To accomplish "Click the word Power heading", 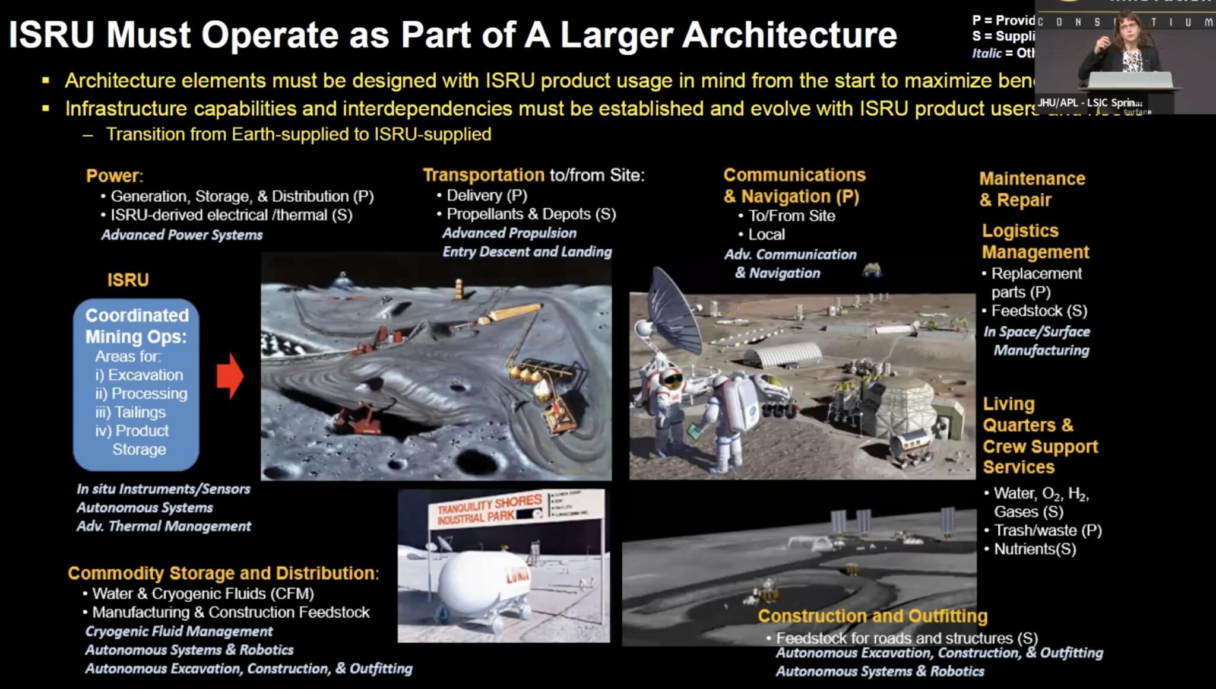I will click(x=113, y=176).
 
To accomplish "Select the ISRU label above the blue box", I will click(x=128, y=280).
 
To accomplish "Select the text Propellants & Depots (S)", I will click(x=531, y=214).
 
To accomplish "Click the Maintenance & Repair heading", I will click(x=1032, y=189).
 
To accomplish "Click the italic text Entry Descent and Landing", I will click(x=527, y=252).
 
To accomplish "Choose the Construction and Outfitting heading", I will click(x=872, y=616).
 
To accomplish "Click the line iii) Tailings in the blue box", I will click(x=131, y=412).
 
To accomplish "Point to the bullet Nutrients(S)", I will click(x=1034, y=549).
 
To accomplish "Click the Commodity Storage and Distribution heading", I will click(x=223, y=573).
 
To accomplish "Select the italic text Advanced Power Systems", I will click(x=182, y=235).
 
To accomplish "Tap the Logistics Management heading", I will click(x=1035, y=241).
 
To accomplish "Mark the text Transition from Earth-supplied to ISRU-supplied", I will click(x=298, y=135).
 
